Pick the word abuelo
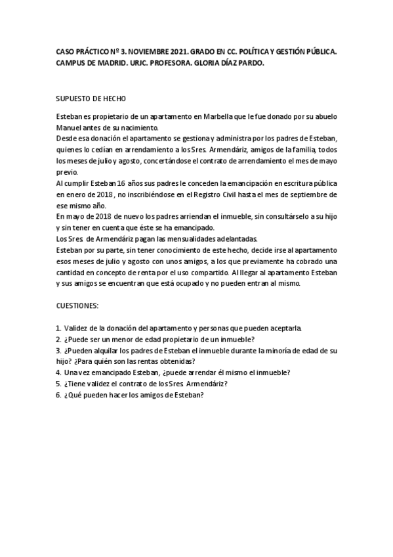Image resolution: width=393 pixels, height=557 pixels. [324, 116]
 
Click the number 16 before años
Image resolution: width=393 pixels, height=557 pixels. [104, 183]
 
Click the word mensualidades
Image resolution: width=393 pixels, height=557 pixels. [193, 239]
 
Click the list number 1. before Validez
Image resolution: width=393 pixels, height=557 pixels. [59, 328]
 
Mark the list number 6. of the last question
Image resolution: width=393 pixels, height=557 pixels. [59, 384]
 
